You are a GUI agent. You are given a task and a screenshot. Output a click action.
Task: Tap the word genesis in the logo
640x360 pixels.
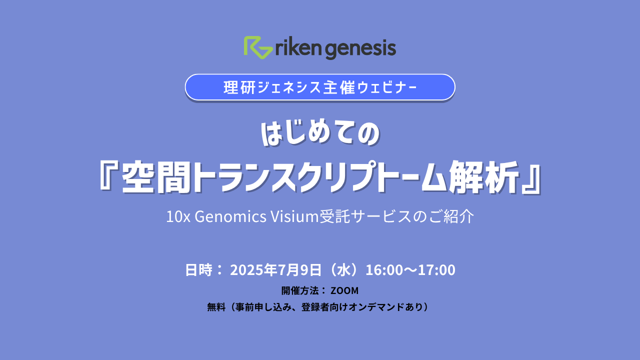(360, 49)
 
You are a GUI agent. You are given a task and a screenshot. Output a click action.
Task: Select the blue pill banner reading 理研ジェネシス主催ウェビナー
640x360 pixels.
(320, 87)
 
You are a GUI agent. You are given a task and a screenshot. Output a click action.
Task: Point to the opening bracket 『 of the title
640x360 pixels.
(109, 176)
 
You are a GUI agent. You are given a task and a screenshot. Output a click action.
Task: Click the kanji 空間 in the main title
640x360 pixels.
(156, 177)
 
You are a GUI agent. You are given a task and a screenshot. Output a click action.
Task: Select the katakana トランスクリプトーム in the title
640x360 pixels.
(319, 177)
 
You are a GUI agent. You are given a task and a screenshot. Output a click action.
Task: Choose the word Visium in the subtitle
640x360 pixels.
(294, 216)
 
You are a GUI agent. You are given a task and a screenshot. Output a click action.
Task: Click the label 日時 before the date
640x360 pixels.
(198, 270)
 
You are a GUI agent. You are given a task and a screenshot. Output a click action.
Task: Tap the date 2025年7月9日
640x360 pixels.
(275, 270)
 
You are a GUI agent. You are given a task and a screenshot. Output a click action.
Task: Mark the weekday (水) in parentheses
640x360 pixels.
(343, 270)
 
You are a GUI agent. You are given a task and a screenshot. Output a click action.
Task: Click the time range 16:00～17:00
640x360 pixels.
(410, 270)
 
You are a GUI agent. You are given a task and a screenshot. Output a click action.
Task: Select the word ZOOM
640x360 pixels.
(344, 290)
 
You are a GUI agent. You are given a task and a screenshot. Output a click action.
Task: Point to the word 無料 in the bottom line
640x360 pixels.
(216, 307)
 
